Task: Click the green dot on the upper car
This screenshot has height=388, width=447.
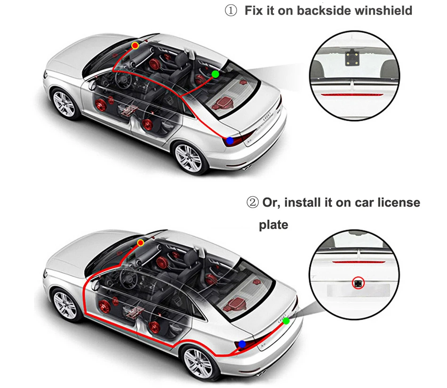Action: (216, 74)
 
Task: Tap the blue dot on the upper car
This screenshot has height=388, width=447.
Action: (230, 140)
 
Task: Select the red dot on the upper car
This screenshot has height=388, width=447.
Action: (135, 46)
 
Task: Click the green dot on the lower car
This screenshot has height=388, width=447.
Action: (286, 321)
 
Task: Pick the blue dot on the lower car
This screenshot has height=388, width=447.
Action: (242, 344)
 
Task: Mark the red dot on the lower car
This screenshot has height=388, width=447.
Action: (141, 243)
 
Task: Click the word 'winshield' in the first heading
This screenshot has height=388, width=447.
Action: (383, 11)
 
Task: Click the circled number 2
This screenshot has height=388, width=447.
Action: (252, 203)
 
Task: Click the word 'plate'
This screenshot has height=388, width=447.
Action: (273, 225)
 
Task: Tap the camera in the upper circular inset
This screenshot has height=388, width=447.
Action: (352, 57)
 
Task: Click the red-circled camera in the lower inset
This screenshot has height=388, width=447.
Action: (359, 283)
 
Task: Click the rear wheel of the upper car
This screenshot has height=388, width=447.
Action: (189, 157)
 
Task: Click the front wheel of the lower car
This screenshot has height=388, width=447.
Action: (65, 304)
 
